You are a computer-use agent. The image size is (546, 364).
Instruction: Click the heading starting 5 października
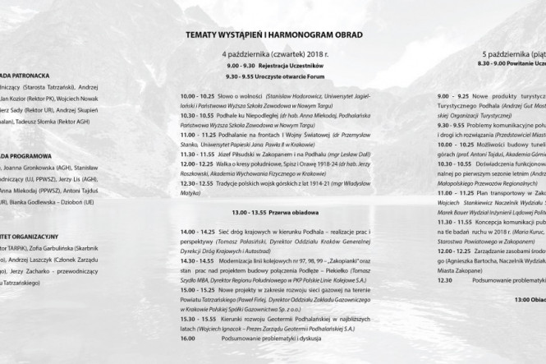click(x=514, y=53)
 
